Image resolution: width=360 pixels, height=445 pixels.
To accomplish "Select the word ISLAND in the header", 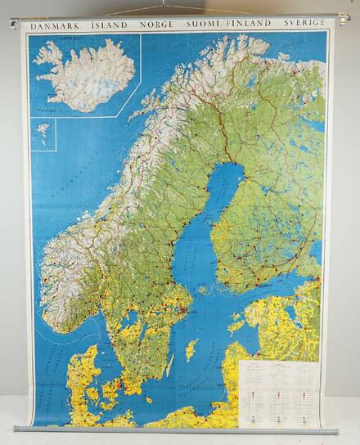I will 108,25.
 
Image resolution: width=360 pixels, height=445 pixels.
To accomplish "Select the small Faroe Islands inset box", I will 43,134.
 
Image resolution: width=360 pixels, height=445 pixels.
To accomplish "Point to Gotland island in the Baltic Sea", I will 191,350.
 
